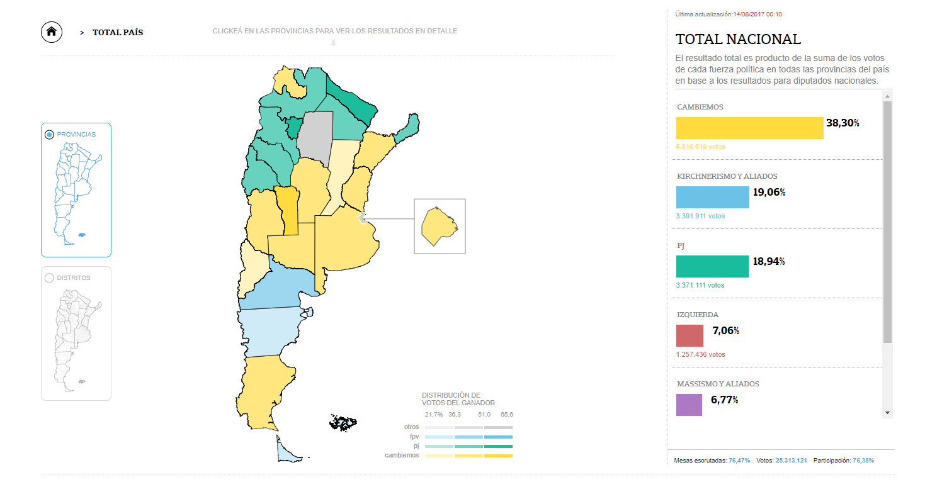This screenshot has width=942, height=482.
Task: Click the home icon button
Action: (x=52, y=31)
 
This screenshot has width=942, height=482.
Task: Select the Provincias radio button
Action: (x=49, y=135)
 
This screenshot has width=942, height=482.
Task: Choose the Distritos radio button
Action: (x=49, y=278)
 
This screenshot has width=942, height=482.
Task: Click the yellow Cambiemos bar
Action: (x=749, y=128)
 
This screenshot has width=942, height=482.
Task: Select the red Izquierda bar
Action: (x=689, y=335)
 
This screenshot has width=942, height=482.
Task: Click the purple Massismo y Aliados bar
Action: (x=689, y=405)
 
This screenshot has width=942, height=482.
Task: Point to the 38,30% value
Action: (x=843, y=123)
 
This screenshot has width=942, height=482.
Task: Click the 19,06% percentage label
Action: (x=769, y=193)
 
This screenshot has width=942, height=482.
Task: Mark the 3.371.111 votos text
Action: (x=700, y=286)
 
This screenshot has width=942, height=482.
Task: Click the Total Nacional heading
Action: (x=738, y=39)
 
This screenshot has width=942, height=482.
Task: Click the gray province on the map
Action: (x=315, y=135)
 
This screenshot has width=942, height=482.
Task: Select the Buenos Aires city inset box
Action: (x=440, y=227)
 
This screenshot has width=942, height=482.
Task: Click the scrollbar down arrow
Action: (x=887, y=412)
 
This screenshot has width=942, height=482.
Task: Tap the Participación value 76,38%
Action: (x=863, y=461)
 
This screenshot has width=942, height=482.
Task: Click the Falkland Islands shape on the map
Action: (x=343, y=423)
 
